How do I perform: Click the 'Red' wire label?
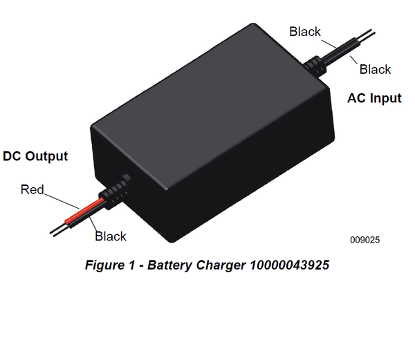point(33,189)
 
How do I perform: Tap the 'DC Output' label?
point(35,156)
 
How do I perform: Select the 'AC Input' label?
point(374,98)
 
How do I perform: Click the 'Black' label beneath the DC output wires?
point(111,236)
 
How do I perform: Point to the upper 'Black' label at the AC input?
point(305,31)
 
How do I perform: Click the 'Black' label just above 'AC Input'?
point(375,69)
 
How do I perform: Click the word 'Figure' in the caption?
point(103,265)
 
